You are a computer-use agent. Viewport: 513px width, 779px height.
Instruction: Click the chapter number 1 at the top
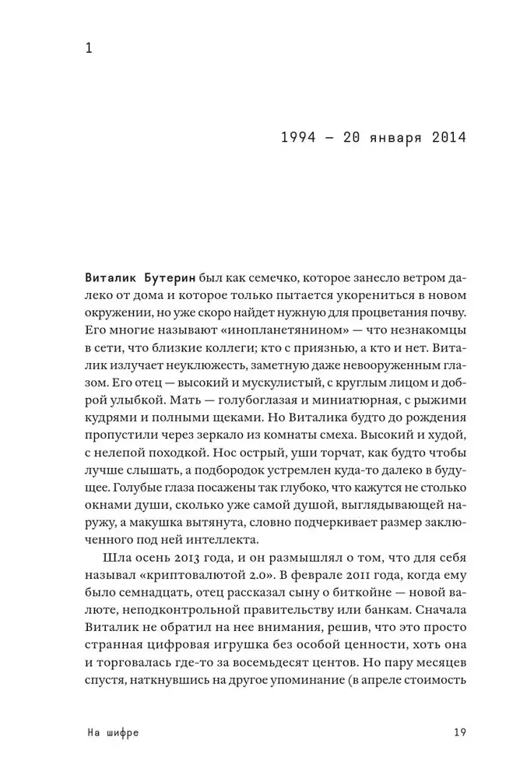point(89,48)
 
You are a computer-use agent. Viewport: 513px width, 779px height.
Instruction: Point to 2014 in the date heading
point(445,138)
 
